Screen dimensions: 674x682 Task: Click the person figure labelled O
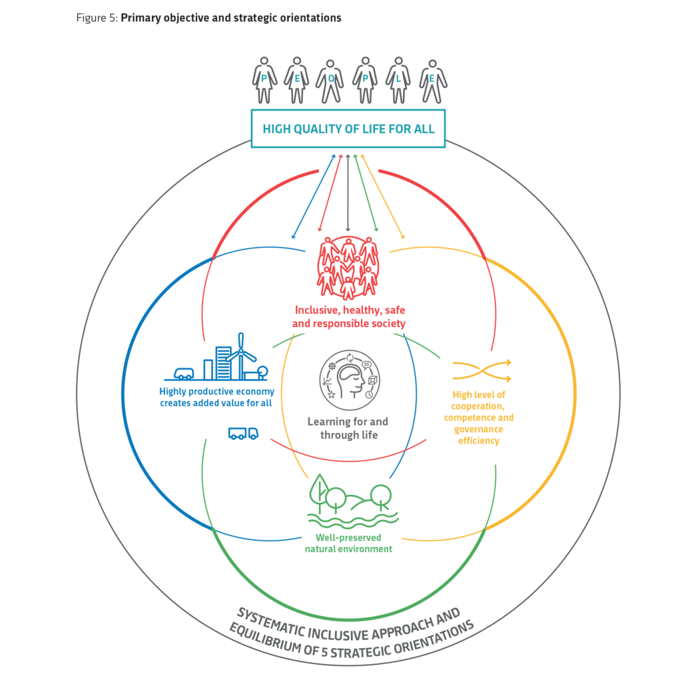(x=330, y=82)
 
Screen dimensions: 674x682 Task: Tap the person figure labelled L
(x=398, y=80)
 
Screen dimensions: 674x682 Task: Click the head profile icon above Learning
(x=350, y=380)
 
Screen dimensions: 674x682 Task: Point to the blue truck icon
(x=244, y=433)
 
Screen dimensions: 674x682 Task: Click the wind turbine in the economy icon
(x=241, y=356)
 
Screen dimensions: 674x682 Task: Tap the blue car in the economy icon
(x=184, y=374)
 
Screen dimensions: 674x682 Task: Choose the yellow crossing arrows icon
(x=482, y=370)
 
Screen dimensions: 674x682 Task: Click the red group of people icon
(x=348, y=268)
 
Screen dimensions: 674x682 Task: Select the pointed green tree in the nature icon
(x=320, y=494)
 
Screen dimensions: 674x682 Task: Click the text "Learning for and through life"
(x=348, y=428)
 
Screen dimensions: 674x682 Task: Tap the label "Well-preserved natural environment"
(x=348, y=543)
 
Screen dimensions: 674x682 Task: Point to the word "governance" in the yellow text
(x=479, y=430)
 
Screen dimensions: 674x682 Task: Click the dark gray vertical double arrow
(x=348, y=192)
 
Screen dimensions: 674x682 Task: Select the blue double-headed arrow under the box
(x=314, y=196)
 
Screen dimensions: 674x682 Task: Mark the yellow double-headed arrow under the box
(x=383, y=196)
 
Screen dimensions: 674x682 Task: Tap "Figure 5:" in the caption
(x=97, y=18)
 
